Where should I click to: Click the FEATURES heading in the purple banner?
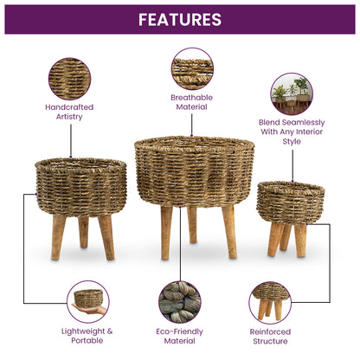(x=179, y=19)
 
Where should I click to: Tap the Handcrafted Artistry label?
(x=69, y=112)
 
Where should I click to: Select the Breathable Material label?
(x=192, y=102)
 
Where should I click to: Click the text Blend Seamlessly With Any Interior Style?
(x=292, y=132)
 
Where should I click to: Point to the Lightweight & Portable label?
(x=86, y=335)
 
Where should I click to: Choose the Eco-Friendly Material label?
(x=179, y=335)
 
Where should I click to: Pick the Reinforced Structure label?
(x=270, y=335)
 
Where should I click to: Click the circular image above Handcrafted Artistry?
(x=69, y=78)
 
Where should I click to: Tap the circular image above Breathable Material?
(x=192, y=68)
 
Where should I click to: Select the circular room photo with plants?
(x=292, y=93)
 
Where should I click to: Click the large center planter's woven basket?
(x=182, y=170)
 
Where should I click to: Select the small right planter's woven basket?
(x=290, y=202)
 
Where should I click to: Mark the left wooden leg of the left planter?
(x=59, y=237)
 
